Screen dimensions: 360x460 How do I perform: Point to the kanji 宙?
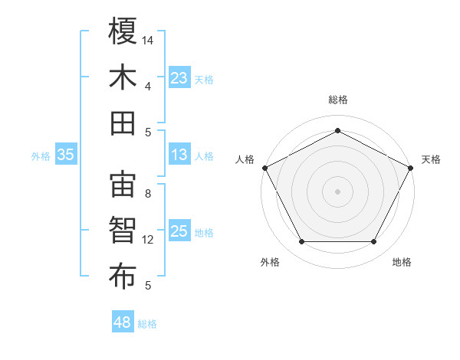[x=123, y=185]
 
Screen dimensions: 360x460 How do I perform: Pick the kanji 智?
[x=123, y=231]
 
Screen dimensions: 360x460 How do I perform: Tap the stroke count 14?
[x=148, y=38]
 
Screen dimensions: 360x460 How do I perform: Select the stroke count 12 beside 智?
[x=148, y=240]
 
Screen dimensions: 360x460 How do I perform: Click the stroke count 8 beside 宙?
[x=148, y=194]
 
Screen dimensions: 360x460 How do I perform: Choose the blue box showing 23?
[x=179, y=78]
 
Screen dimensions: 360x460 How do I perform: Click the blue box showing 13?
[x=179, y=155]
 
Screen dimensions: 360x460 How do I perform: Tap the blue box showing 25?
[x=179, y=231]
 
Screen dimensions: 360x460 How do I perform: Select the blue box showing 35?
[x=65, y=155]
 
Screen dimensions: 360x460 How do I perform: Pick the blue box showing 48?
[x=123, y=322]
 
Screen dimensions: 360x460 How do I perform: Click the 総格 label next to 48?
[x=147, y=324]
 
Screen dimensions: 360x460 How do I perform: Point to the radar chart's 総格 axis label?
[x=337, y=100]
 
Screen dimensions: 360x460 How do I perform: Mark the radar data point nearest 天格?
[x=412, y=167]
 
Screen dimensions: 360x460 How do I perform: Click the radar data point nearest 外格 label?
[x=301, y=242]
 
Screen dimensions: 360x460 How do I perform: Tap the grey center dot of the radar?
[x=337, y=191]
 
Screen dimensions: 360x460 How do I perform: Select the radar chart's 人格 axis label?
[x=245, y=159]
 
